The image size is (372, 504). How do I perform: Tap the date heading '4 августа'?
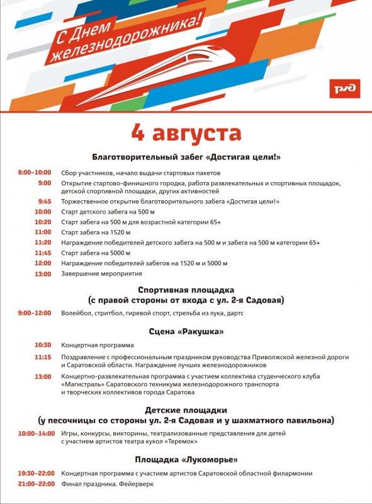click(x=186, y=133)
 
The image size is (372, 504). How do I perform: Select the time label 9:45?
click(x=44, y=202)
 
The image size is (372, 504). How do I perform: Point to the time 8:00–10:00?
click(x=35, y=172)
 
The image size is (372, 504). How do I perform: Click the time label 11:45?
click(x=43, y=253)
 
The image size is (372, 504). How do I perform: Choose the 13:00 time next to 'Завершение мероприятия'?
click(x=43, y=274)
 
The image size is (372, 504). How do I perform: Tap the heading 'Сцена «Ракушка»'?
click(x=186, y=331)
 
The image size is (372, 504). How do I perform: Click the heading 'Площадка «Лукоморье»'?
click(x=186, y=459)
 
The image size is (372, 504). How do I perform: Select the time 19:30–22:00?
click(x=37, y=473)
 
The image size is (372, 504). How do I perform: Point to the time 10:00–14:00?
click(x=37, y=434)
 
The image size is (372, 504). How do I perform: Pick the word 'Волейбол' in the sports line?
click(x=75, y=313)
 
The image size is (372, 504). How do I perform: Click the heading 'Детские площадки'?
click(x=186, y=409)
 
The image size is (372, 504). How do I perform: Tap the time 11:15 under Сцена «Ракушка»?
click(x=43, y=357)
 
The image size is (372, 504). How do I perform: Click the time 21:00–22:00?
click(x=37, y=484)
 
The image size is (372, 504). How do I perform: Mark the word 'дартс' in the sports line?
click(x=234, y=313)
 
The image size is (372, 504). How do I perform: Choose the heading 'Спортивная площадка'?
click(x=186, y=290)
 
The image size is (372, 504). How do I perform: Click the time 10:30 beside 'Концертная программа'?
click(x=43, y=345)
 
